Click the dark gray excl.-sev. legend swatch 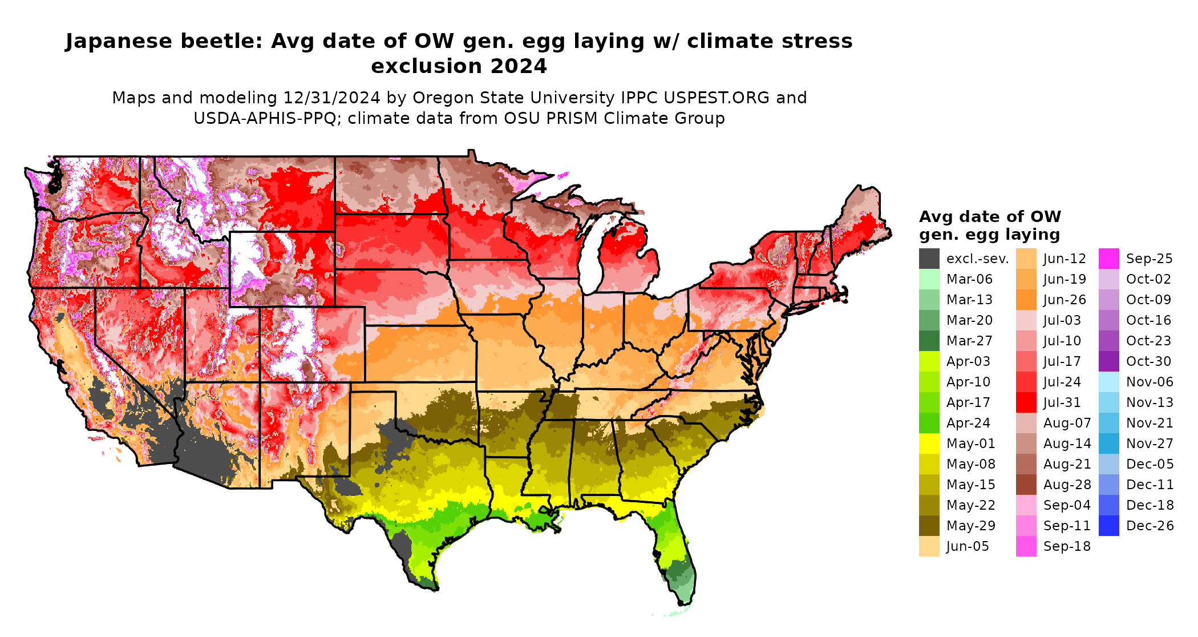(929, 259)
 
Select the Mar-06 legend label (969, 279)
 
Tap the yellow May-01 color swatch (929, 444)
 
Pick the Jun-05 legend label (968, 546)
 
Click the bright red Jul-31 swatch (1026, 402)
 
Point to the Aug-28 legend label (1067, 485)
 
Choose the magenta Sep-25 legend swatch (1108, 259)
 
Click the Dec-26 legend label (1150, 526)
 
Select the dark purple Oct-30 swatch (1108, 361)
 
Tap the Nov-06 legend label (1150, 382)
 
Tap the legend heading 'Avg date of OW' (990, 217)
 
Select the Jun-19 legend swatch (1026, 279)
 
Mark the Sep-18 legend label (1067, 546)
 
